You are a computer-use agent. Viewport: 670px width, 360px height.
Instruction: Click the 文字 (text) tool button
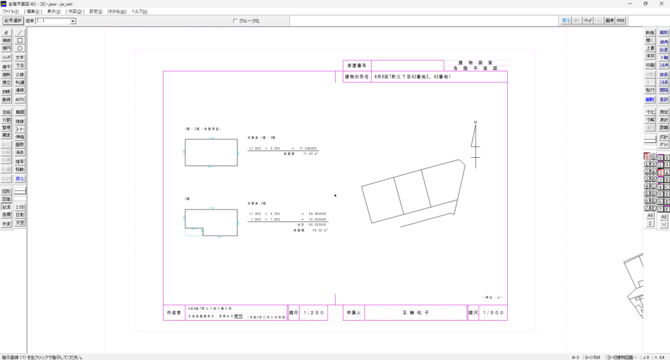20,57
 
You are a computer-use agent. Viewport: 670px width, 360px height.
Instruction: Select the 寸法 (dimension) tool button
20,65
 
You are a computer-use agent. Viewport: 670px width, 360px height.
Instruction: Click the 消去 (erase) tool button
20,153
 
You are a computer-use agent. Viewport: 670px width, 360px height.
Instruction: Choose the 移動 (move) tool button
20,170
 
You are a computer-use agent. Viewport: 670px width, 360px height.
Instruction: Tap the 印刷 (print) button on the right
650,65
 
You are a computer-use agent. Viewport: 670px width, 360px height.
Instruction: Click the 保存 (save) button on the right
650,56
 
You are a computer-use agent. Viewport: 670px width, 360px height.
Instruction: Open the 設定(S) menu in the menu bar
96,12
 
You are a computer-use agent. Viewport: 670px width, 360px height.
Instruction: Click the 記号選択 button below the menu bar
13,21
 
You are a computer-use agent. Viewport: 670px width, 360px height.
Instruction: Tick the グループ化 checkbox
235,21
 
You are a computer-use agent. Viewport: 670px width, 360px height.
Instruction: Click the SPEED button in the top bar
620,21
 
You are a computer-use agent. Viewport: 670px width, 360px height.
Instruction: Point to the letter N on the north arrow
476,122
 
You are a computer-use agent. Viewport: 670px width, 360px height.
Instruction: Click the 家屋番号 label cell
357,65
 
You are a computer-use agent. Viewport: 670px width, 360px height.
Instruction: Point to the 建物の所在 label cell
357,77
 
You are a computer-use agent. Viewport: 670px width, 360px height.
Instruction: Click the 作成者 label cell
173,314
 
